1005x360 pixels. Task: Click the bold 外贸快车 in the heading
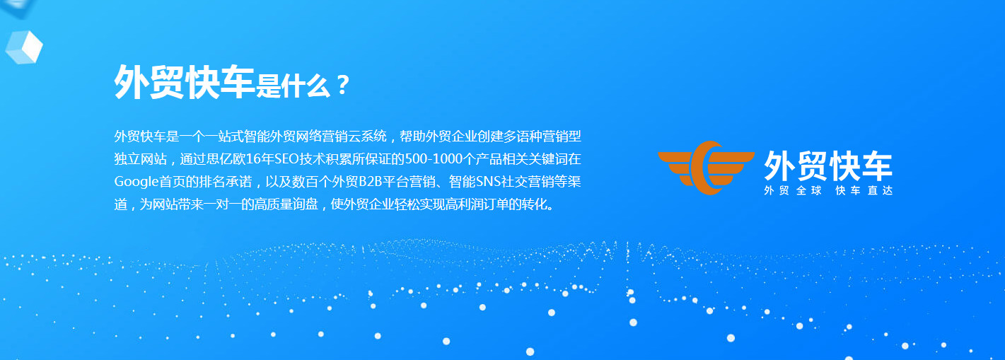185,82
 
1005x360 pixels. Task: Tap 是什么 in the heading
293,85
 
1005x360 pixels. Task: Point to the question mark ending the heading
343,85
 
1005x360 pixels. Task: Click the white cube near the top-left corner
24,47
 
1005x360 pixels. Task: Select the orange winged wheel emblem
707,168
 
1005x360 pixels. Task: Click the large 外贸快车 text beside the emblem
828,166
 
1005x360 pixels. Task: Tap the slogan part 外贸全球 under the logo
793,190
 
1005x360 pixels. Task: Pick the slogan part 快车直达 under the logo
864,190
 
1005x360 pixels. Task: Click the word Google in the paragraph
136,182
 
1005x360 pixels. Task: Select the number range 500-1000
434,159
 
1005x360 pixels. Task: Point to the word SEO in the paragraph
286,159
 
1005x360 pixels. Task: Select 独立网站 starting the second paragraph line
141,159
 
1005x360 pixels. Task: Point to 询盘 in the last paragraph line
306,204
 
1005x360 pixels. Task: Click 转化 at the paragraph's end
535,204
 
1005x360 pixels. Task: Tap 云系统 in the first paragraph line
367,136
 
